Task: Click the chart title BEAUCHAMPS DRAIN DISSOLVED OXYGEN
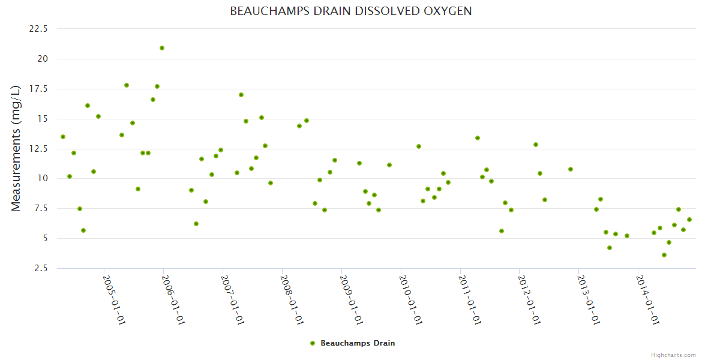coord(350,11)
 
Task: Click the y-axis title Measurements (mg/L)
coord(16,148)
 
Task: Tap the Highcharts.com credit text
coord(673,355)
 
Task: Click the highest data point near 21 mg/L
coord(162,48)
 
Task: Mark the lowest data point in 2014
coord(664,255)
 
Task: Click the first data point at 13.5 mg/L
coord(63,137)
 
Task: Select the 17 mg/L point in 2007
coord(241,95)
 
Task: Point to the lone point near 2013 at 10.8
coord(571,169)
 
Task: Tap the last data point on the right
coord(689,220)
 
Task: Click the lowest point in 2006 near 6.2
coord(196,224)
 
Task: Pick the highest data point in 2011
coord(478,138)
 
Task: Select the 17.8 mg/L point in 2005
coord(127,85)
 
